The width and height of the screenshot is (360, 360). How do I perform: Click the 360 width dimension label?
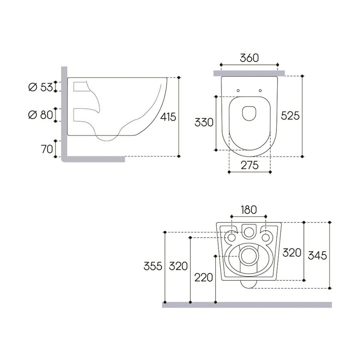(249, 58)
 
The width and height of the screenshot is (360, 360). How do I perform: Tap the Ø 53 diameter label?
(40, 87)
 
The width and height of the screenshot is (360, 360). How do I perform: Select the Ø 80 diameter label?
(40, 115)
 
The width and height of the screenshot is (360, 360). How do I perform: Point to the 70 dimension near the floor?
(47, 149)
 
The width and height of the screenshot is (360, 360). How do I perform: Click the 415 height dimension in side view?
(168, 117)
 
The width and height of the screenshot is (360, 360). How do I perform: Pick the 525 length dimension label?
(290, 116)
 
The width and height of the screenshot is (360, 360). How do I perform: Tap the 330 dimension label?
(204, 123)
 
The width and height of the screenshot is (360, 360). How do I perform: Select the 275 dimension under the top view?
(249, 164)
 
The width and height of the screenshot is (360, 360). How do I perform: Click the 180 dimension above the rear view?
(249, 210)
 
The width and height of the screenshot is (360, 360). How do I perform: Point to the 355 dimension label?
(153, 266)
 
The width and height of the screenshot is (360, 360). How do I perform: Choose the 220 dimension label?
(204, 277)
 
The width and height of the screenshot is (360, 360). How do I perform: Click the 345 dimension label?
(318, 255)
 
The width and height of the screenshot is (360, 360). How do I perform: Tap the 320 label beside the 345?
(292, 253)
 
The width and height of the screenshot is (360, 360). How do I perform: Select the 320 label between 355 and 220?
(178, 266)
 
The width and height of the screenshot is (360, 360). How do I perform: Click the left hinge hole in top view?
(238, 90)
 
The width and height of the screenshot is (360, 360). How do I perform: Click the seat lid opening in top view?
(249, 113)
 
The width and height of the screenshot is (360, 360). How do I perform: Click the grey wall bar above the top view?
(249, 72)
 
